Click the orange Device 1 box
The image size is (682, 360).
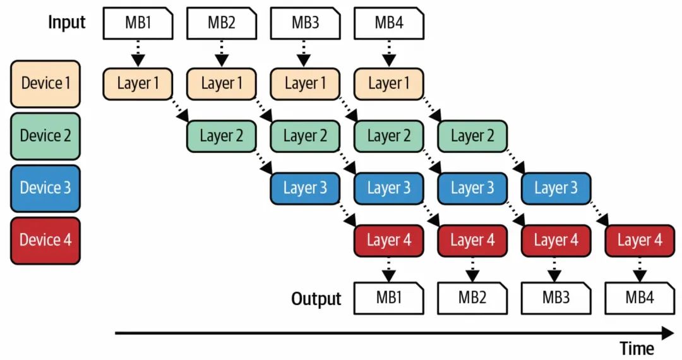click(x=45, y=83)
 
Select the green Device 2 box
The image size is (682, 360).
click(x=45, y=135)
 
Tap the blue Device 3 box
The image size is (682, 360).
click(x=45, y=188)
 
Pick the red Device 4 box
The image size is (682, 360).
click(x=45, y=240)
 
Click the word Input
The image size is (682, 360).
click(x=67, y=23)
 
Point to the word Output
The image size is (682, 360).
click(x=316, y=299)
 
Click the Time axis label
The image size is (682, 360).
click(x=637, y=348)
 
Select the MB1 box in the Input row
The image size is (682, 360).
click(x=138, y=23)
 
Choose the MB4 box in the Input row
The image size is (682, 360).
click(x=389, y=23)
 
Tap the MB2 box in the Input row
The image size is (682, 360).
click(x=222, y=23)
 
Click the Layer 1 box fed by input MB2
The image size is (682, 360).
click(x=222, y=83)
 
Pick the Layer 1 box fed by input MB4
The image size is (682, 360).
click(x=389, y=83)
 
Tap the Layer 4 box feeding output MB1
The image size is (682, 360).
click(x=389, y=240)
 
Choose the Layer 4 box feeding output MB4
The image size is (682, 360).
click(x=640, y=240)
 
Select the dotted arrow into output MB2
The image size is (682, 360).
click(x=473, y=270)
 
